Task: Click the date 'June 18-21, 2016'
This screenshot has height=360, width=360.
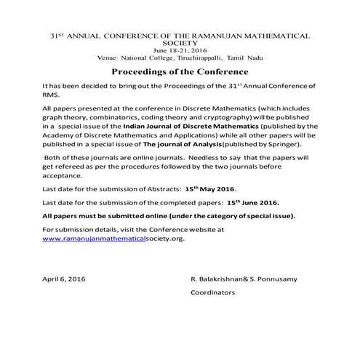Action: (180, 49)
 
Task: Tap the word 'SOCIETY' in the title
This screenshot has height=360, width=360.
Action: (180, 42)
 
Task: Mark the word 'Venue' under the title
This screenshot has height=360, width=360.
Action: (108, 57)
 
